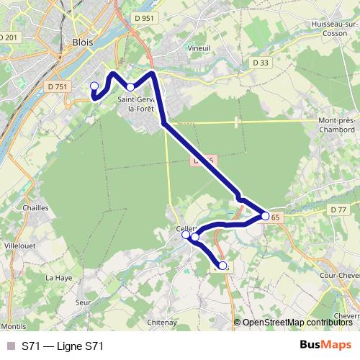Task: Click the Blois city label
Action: (83, 42)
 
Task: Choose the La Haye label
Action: (55, 276)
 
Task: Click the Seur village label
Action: (82, 303)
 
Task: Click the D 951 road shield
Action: (144, 18)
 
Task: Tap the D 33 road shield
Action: (261, 63)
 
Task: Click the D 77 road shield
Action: (338, 209)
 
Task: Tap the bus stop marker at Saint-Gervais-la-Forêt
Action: (130, 86)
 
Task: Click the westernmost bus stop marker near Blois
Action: (94, 86)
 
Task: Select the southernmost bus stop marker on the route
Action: (222, 266)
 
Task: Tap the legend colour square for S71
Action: (10, 346)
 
